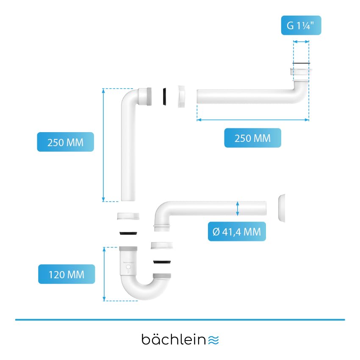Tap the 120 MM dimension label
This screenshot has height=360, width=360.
pos(66,274)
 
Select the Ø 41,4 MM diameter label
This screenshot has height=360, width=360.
pos(237,232)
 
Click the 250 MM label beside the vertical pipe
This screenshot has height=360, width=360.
pos(65,142)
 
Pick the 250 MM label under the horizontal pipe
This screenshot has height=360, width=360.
pos(252,138)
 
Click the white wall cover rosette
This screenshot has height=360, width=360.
pos(281,208)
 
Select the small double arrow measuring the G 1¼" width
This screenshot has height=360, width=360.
pos(301,42)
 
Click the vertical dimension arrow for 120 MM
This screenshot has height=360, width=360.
pos(104,274)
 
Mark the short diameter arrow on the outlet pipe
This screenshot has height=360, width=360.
pos(238,209)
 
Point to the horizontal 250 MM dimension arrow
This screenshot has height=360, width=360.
pos(253,120)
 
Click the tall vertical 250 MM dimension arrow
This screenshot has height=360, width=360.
pos(103,145)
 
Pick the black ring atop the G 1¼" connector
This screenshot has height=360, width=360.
pos(301,64)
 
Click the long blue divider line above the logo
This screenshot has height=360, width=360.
pos(180,319)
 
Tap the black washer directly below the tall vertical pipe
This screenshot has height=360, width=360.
pos(128,233)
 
